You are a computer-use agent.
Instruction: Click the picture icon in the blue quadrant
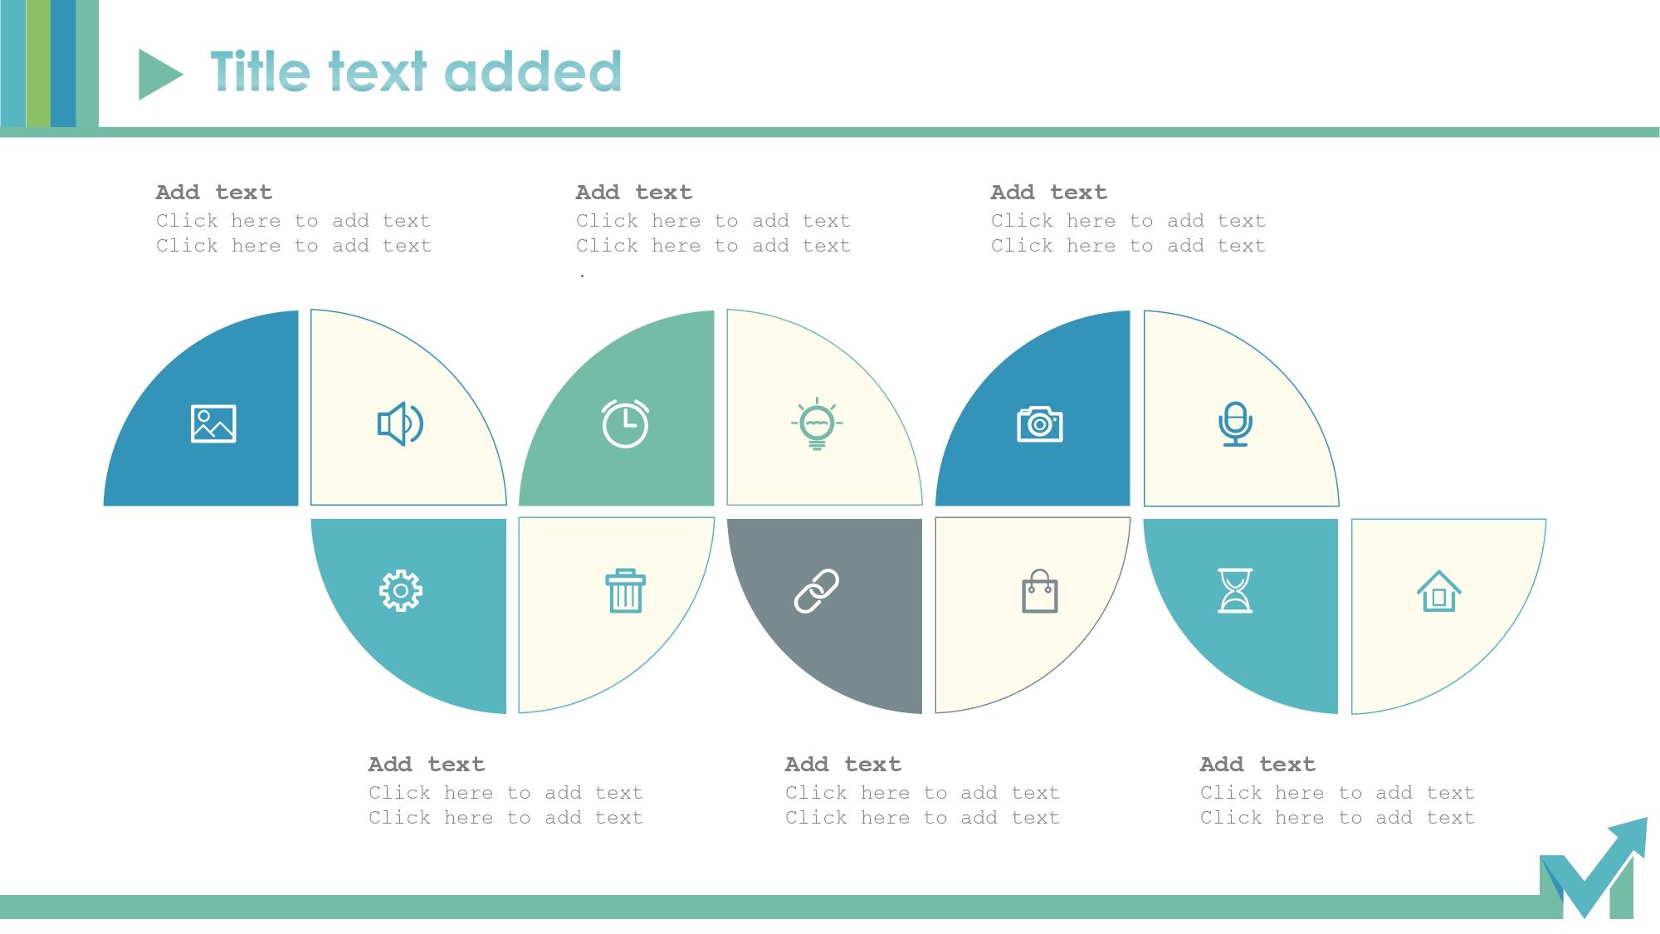[x=213, y=423]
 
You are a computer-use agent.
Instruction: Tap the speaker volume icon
[x=401, y=423]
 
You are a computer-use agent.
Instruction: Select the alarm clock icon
[x=625, y=423]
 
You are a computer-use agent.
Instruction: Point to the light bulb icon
[x=817, y=423]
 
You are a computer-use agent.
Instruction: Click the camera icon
[x=1039, y=423]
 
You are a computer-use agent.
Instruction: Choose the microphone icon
[x=1235, y=423]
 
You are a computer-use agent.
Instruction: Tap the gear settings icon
[x=401, y=591]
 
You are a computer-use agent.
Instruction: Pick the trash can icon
[x=625, y=591]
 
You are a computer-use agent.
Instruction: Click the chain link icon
[x=817, y=591]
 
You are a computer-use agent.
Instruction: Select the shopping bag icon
[x=1039, y=591]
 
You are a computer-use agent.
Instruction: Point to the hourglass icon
[x=1235, y=591]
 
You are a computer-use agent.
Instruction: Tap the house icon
[x=1438, y=591]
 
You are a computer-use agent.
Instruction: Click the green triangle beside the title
[x=158, y=75]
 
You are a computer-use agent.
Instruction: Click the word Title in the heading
[x=260, y=71]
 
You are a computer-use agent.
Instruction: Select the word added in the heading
[x=537, y=71]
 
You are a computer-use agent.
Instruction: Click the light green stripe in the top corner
[x=38, y=63]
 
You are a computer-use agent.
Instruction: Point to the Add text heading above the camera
[x=1048, y=193]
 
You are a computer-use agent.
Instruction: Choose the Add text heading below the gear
[x=426, y=765]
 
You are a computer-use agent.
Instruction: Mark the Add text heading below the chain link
[x=842, y=765]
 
